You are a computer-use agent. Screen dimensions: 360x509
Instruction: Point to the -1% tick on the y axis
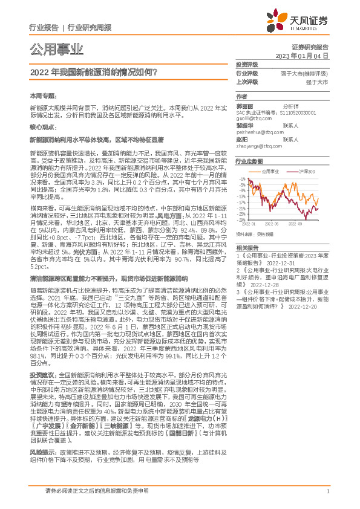(241, 180)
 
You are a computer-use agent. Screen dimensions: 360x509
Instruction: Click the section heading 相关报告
(247, 248)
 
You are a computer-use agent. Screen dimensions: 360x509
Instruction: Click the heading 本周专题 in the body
(42, 96)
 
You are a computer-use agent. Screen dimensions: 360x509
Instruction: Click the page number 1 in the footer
(327, 491)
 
